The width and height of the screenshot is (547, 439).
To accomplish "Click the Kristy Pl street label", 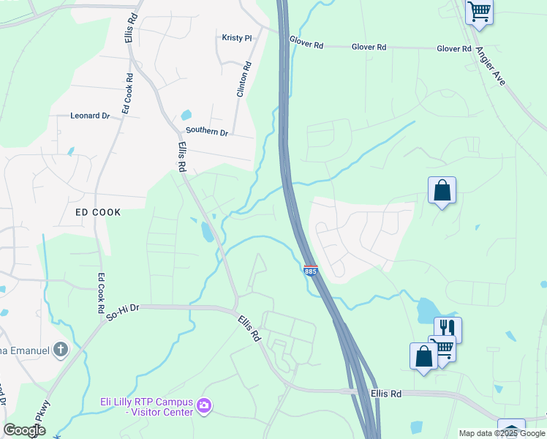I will coord(237,37).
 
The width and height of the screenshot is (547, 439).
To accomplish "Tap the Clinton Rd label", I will coord(244,80).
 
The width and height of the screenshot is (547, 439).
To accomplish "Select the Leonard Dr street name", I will coord(90,116).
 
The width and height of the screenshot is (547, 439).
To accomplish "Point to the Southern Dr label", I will coord(207,132).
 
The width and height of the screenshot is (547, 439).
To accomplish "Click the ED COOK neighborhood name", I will coord(98,211).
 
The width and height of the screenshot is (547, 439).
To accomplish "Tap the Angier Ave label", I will coord(491,66).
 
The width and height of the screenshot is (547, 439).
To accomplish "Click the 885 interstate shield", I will coord(310,271).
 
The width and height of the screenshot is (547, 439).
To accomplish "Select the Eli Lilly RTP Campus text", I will coord(146,402).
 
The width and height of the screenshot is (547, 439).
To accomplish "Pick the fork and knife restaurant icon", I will coord(448,328).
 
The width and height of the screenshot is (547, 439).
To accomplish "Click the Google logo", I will coord(24,431).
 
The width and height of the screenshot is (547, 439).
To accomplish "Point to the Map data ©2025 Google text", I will coord(502,433).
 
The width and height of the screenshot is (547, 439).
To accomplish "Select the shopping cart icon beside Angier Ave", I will coord(479,11).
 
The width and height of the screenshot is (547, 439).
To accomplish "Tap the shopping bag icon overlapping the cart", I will coord(423,356).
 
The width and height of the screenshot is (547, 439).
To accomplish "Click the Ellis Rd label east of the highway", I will coord(386,394).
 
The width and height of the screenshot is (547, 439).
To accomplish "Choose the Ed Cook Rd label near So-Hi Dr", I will coord(101,293).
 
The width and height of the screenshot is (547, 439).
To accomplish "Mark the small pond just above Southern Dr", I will coord(186,115).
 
